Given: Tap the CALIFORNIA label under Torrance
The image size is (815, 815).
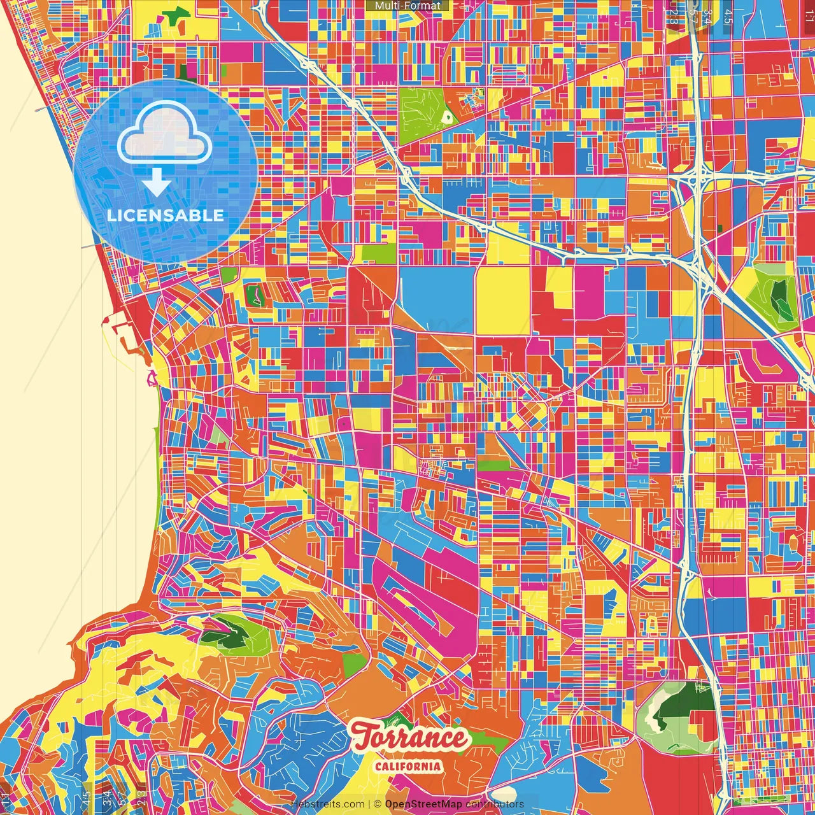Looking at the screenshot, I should (408, 766).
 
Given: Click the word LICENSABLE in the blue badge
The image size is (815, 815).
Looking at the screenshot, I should (166, 215).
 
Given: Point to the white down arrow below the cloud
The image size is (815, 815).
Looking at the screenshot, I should (156, 183).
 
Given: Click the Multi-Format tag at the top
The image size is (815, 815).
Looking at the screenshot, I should (407, 6).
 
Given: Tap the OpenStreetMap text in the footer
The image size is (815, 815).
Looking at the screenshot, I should (423, 804).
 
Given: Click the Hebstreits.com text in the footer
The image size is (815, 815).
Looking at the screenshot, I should (327, 804).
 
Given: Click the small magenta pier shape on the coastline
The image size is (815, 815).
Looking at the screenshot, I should (153, 379).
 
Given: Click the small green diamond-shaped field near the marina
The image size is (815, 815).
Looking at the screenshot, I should (256, 295).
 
